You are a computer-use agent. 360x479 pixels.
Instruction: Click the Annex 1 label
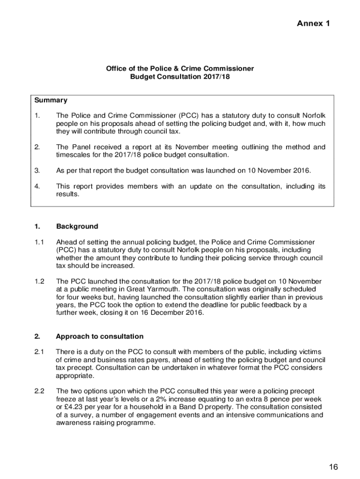click(313, 23)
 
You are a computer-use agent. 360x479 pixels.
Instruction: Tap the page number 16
click(333, 466)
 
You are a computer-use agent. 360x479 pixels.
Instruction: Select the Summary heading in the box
click(50, 100)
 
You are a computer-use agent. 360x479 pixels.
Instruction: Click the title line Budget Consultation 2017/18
click(180, 77)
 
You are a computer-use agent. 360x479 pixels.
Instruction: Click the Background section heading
click(77, 226)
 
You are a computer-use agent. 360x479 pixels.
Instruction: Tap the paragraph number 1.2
click(39, 281)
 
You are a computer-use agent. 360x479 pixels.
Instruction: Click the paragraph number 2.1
click(39, 351)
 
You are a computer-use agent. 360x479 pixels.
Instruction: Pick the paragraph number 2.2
click(39, 391)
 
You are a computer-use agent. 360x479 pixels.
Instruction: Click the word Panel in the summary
click(80, 147)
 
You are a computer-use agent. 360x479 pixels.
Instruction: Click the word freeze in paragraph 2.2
click(67, 399)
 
